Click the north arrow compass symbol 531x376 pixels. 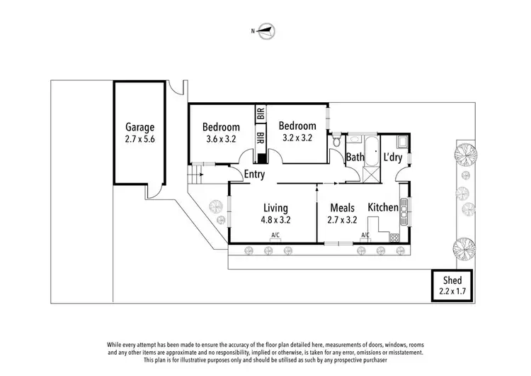point(265,31)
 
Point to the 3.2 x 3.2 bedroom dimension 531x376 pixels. point(297,138)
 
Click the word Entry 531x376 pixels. point(255,175)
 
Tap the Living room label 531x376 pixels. point(275,208)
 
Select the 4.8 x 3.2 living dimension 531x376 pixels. point(275,220)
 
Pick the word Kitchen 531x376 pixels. point(382,207)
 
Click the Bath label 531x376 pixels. point(355,157)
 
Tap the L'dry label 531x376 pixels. point(393,157)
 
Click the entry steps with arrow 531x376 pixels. point(197,172)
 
